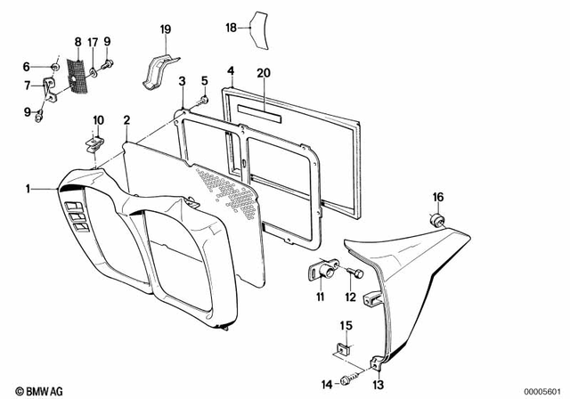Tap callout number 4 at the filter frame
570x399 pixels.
click(x=230, y=69)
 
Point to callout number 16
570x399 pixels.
click(x=436, y=196)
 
